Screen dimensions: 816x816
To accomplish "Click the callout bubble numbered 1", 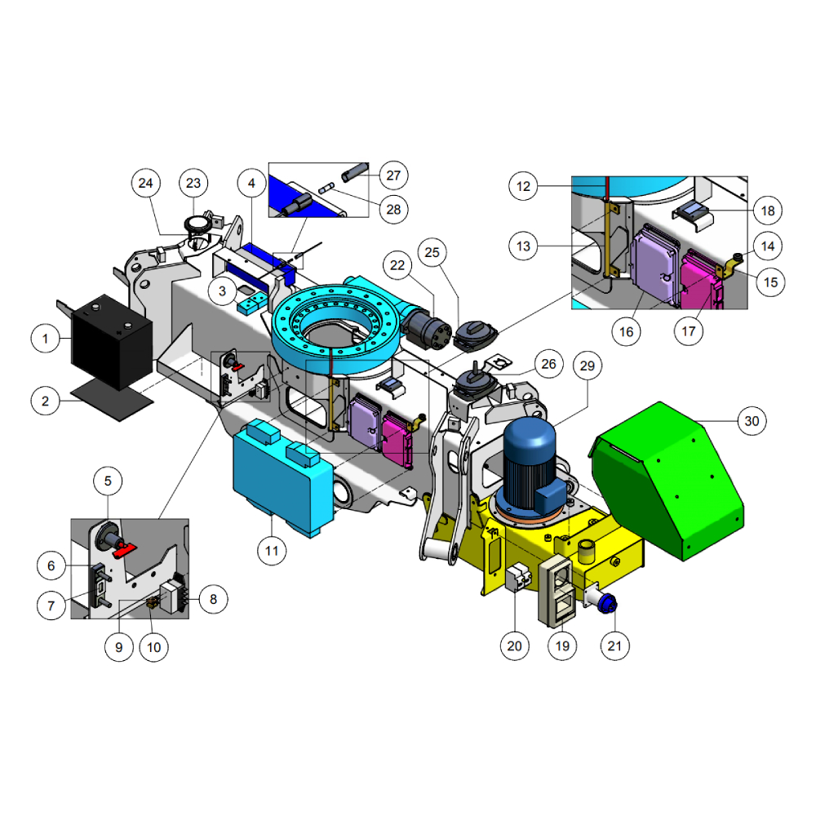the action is click(x=45, y=339).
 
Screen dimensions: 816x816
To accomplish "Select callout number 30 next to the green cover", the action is click(x=752, y=421).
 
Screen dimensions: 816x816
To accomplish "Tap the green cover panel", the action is click(x=668, y=481).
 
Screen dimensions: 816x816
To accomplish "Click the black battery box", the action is click(x=111, y=341).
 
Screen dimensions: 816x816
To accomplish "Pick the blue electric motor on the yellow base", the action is click(x=532, y=465).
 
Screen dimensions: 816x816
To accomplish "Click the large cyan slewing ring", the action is click(x=336, y=328).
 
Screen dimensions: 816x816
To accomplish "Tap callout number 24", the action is click(x=146, y=183).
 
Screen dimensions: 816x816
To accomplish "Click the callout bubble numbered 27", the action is click(x=394, y=175).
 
